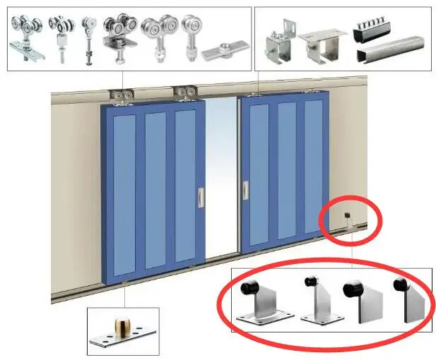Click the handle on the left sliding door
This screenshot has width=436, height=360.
[201, 197]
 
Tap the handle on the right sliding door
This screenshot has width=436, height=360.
[246, 190]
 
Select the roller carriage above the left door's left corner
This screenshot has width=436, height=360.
[119, 96]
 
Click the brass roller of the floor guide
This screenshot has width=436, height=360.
[119, 328]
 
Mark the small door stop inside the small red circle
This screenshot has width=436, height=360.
[348, 219]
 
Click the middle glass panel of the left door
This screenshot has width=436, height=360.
[155, 193]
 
